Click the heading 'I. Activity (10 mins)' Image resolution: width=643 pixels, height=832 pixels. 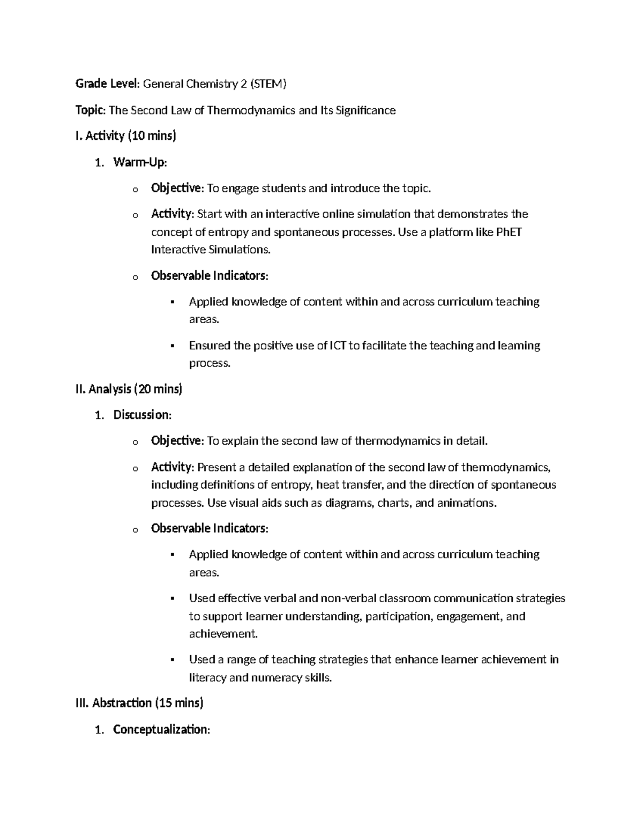click(126, 136)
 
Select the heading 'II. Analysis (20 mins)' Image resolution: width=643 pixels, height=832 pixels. click(129, 389)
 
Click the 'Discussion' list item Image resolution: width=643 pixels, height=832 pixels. click(142, 415)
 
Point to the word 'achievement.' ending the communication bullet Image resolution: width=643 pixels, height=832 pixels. click(223, 634)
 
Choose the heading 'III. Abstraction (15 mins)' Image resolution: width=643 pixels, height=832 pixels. click(140, 703)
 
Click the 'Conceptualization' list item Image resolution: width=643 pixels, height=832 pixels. click(160, 730)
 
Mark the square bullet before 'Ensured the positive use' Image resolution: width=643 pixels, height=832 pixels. click(173, 346)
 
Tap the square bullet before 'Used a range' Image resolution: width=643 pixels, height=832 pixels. click(173, 660)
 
